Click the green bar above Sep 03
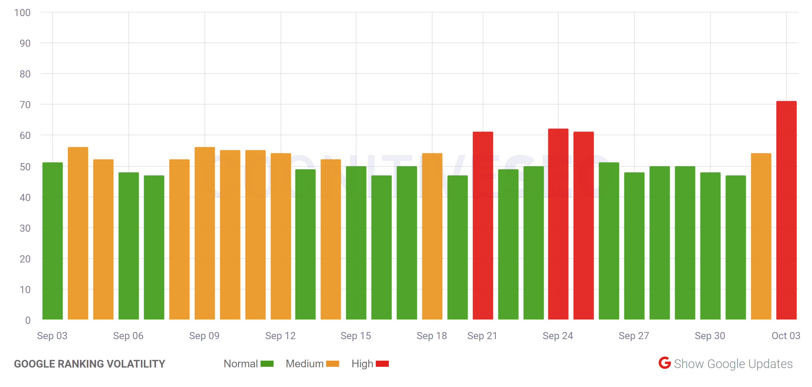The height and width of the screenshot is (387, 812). point(53,241)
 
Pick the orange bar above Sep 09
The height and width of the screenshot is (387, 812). point(205,233)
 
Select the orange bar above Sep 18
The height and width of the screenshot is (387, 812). point(432,236)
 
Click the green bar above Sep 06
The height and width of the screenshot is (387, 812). point(129,246)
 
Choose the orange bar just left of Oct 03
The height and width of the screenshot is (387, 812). point(761,236)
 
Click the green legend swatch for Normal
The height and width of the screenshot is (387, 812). point(267,364)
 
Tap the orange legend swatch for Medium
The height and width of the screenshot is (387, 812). point(332,364)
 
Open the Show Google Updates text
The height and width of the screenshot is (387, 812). point(733,364)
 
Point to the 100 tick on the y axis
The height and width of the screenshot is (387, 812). point(22,13)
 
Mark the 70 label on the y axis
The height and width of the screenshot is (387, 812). point(25,105)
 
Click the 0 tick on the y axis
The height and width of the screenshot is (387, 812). point(28,320)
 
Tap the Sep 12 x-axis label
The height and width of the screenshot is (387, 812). point(280,336)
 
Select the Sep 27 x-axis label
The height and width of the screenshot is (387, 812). point(633,336)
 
